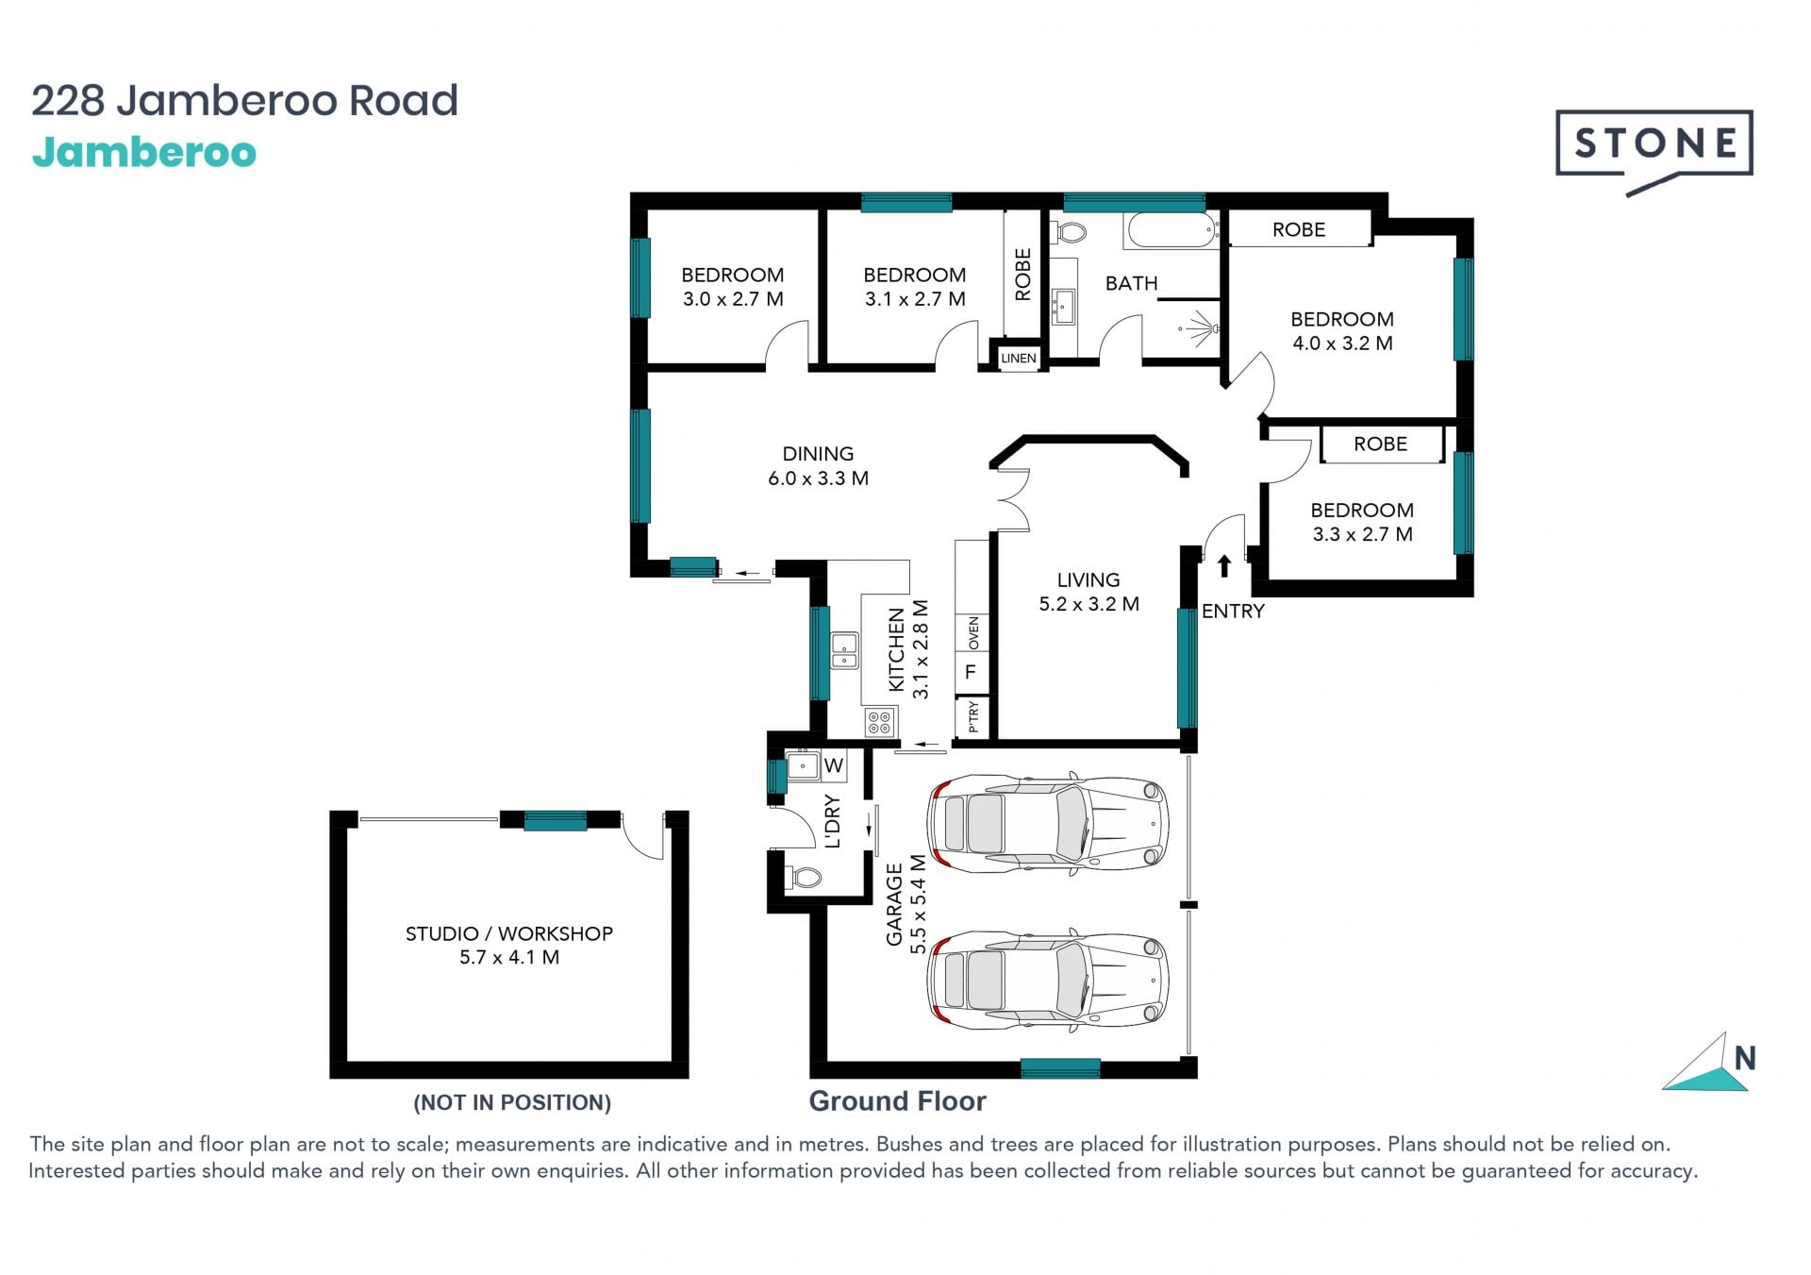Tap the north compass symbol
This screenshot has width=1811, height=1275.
click(x=1709, y=1063)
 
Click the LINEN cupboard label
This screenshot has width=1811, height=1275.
click(x=1018, y=359)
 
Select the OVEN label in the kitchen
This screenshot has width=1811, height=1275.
click(x=973, y=632)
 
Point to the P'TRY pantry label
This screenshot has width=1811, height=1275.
click(x=972, y=717)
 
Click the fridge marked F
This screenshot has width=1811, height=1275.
click(x=971, y=672)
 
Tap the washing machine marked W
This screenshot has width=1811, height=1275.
click(x=833, y=765)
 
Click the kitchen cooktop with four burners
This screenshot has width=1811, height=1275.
click(x=879, y=723)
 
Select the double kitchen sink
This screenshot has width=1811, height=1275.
click(x=844, y=651)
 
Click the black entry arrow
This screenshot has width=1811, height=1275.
click(x=1224, y=565)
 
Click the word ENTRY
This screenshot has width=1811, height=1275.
click(x=1233, y=612)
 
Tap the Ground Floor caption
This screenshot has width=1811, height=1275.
click(x=897, y=1101)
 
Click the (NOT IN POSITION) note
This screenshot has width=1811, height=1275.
click(x=512, y=1102)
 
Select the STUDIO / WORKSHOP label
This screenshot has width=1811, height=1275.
click(x=509, y=933)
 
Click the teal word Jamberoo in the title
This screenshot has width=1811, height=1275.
click(x=144, y=153)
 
